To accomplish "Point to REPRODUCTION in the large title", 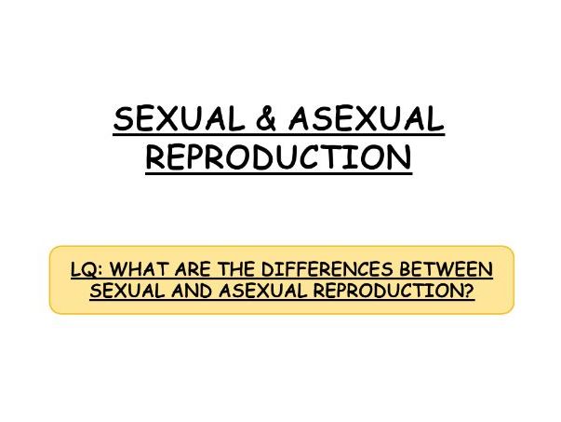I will (x=279, y=157).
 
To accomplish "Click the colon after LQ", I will (x=99, y=271).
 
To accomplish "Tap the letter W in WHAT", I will (x=114, y=270).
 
